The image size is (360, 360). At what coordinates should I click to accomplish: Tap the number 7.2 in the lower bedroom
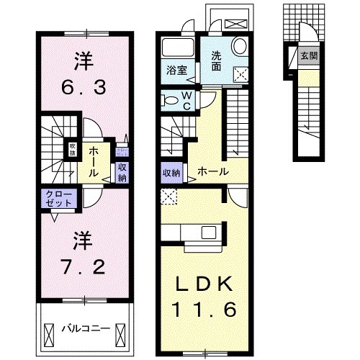tap(84, 266)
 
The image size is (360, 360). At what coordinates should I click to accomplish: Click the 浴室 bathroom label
tap(176, 71)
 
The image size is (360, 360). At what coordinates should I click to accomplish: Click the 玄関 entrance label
tap(307, 55)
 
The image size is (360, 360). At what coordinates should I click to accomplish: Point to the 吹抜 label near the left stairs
tap(73, 149)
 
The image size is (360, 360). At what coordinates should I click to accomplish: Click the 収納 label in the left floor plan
tap(122, 171)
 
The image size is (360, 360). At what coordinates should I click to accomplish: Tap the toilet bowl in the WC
tap(170, 100)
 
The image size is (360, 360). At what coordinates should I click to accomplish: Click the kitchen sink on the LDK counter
tap(209, 232)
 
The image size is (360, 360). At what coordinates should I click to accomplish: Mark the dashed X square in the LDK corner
tap(169, 195)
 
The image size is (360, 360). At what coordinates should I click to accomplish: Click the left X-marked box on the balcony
tap(49, 333)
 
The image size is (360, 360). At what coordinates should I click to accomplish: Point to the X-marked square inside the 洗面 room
tap(241, 73)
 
